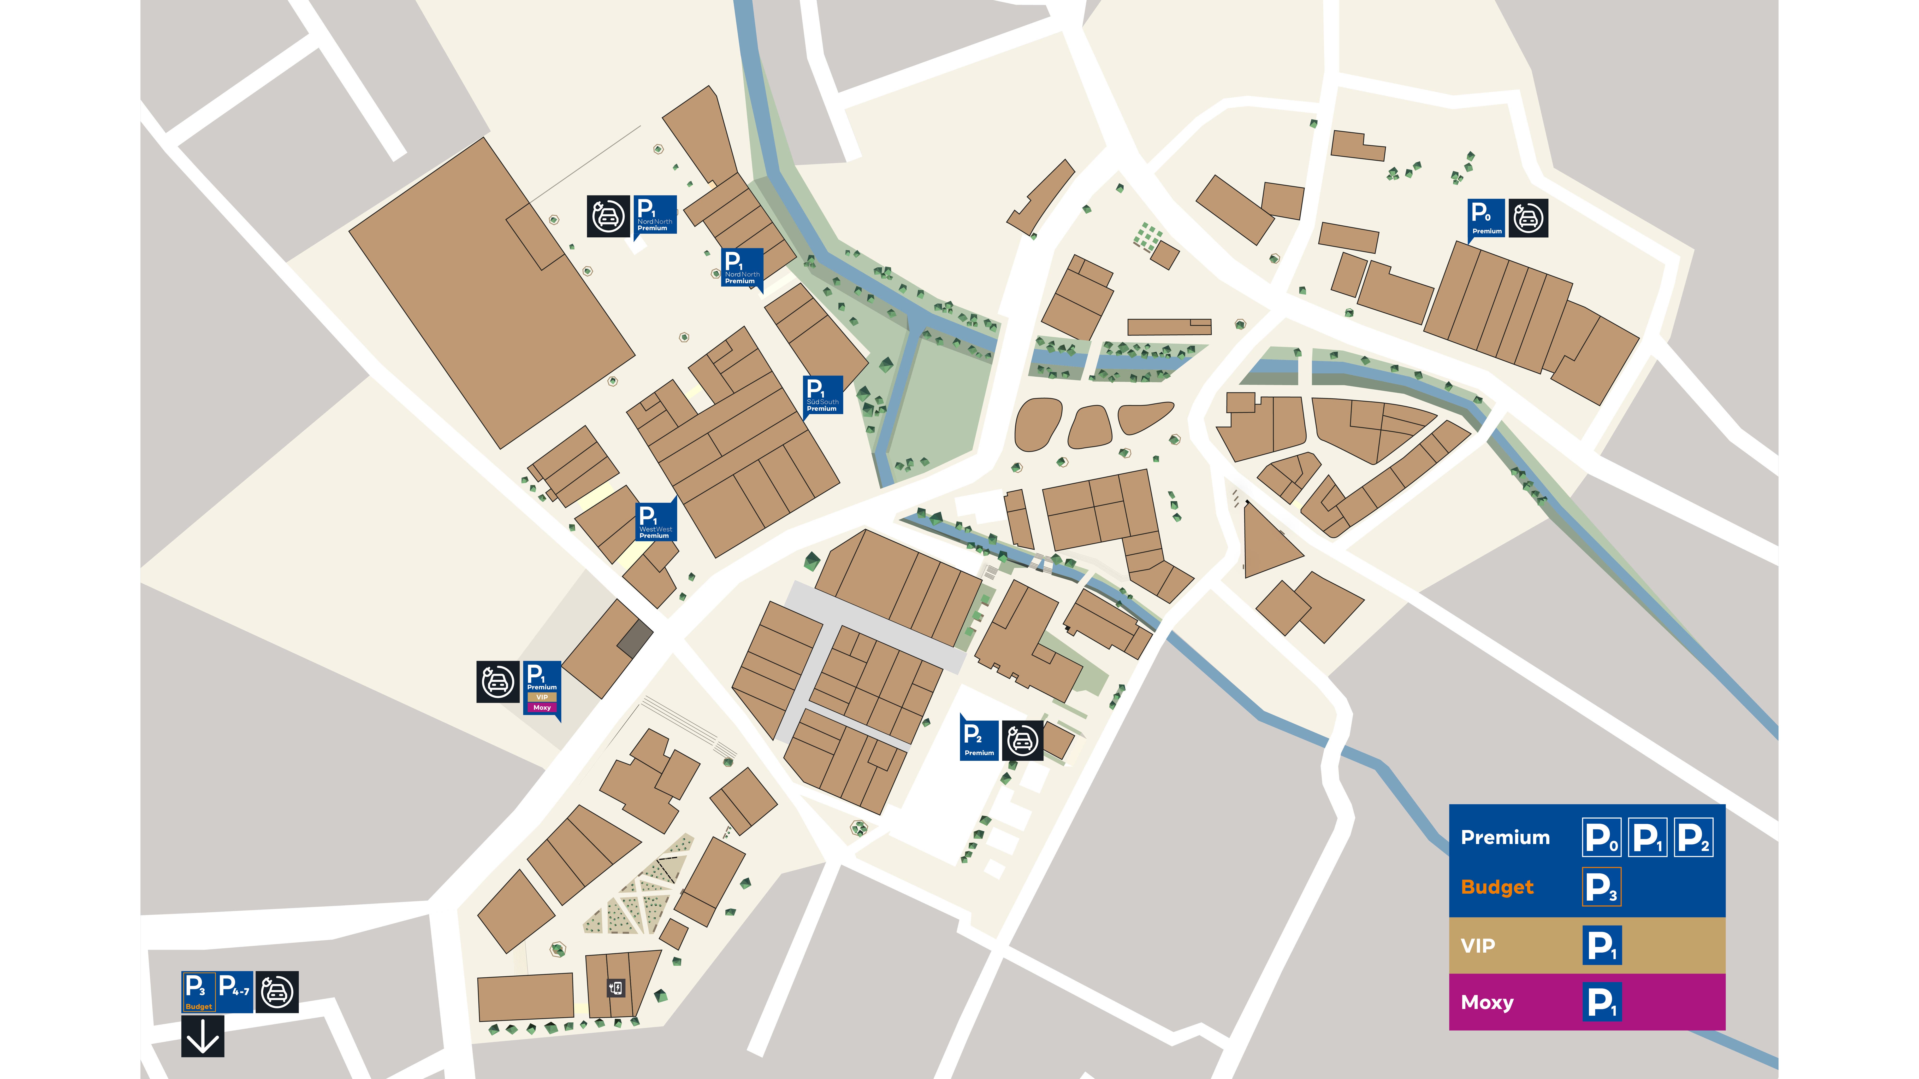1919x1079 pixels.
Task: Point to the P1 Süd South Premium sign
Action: click(823, 395)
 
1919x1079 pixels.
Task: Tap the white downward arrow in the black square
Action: click(203, 1037)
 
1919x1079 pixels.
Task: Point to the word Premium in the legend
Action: click(1505, 838)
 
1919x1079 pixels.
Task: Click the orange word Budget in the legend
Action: click(1497, 887)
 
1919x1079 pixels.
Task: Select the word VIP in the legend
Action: click(1478, 946)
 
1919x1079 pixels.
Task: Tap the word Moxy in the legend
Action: click(1487, 1002)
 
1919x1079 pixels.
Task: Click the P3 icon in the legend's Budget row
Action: click(1601, 887)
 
